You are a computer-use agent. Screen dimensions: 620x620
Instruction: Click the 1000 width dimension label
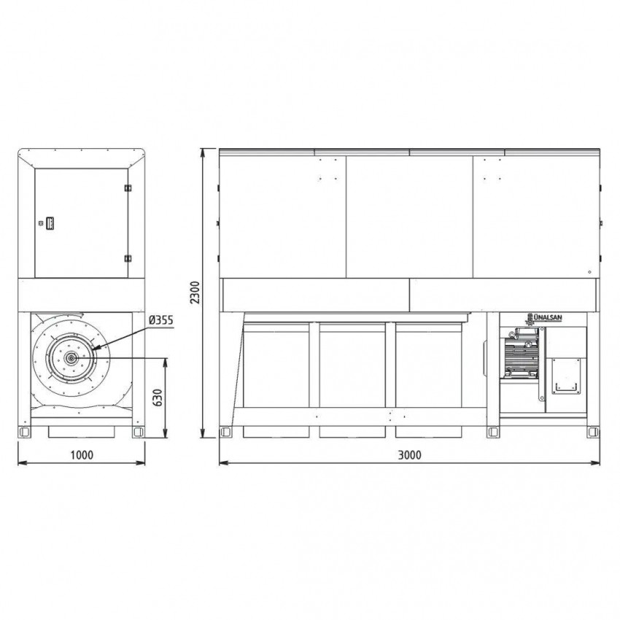82,455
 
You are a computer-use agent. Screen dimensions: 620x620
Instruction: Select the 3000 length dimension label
410,455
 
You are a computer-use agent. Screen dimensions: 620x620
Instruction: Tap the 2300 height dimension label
195,292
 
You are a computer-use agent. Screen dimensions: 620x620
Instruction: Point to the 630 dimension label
158,398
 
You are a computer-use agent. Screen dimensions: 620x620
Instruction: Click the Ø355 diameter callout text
161,320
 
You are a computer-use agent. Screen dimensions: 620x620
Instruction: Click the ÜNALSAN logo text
548,317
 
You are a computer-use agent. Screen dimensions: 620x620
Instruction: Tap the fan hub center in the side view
71,358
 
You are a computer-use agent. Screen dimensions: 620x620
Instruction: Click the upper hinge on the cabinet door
128,187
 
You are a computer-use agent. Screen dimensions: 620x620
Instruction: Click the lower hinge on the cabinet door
128,259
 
